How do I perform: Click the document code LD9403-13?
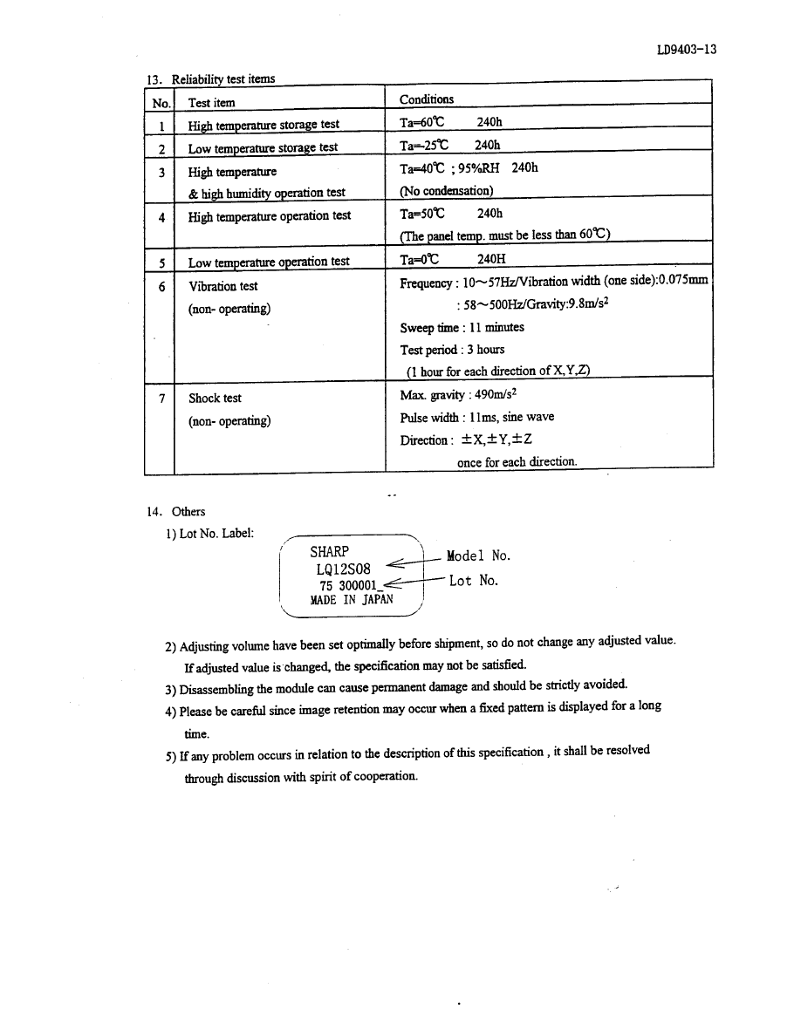coord(686,50)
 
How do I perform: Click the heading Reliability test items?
coord(222,79)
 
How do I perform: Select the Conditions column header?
coord(426,99)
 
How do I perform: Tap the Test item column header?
coord(211,103)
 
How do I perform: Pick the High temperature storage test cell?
coord(264,125)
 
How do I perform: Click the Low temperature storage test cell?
coord(263,147)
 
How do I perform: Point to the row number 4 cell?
coord(161,216)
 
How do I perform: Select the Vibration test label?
coord(222,286)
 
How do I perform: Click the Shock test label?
coord(215,399)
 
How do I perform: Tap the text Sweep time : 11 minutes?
coord(462,328)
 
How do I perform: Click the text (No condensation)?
coord(446,191)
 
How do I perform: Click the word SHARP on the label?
coord(329,551)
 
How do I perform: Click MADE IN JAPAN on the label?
coord(351,600)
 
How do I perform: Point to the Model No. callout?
coord(477,555)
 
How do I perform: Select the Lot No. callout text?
coord(473,580)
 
